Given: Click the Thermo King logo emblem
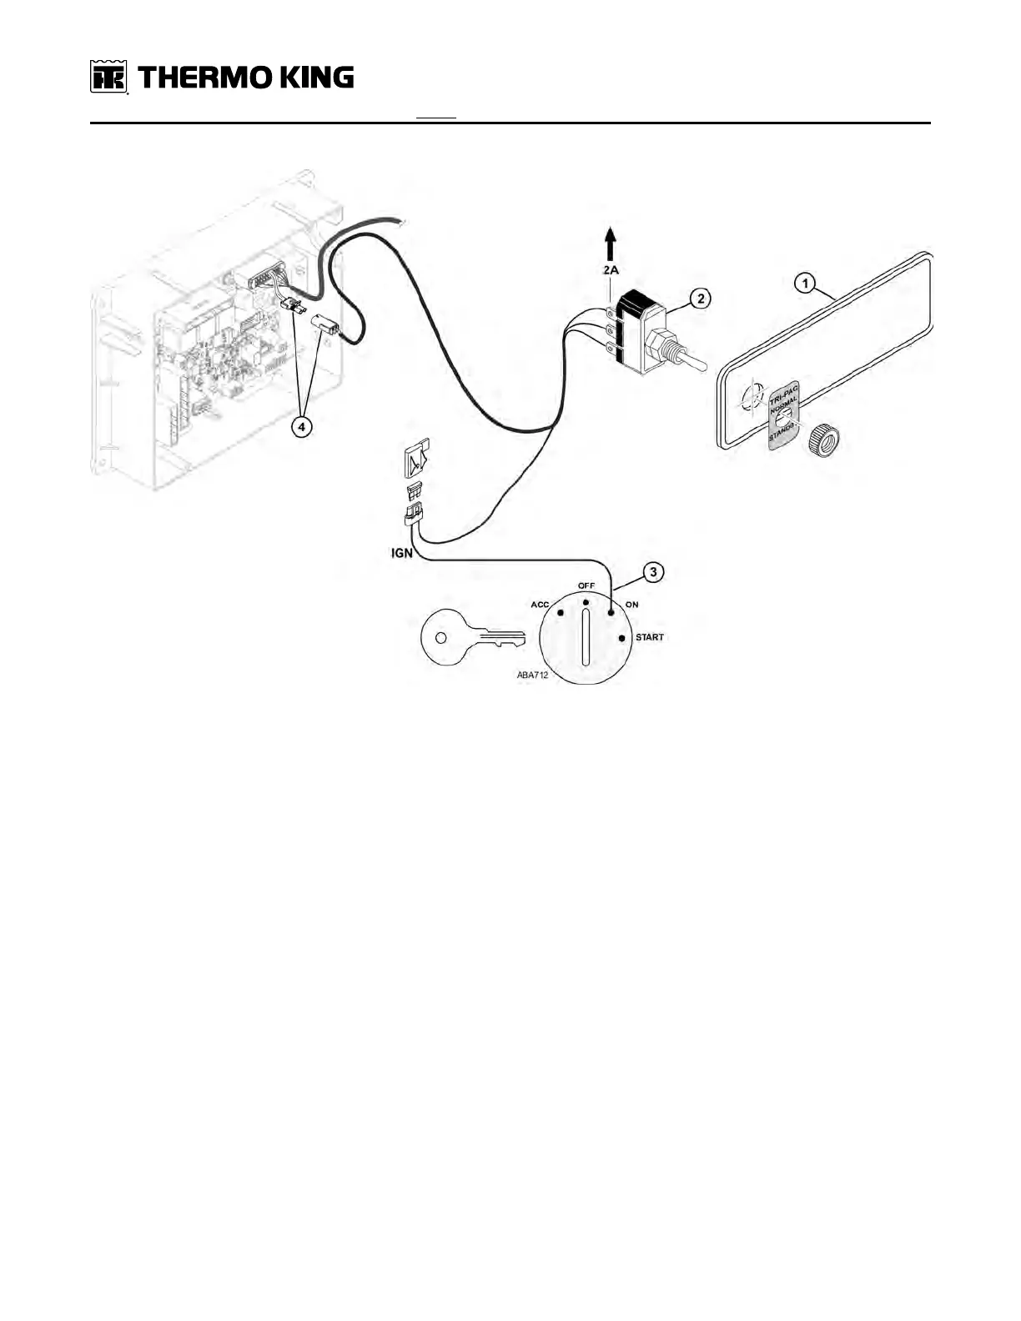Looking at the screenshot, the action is click(108, 78).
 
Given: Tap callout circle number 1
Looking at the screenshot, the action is click(804, 284).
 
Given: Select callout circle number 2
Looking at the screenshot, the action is click(702, 299).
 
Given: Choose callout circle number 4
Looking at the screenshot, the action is click(302, 426).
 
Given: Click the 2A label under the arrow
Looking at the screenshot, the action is click(611, 270).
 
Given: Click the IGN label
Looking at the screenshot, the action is click(403, 553).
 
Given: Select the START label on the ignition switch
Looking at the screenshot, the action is click(650, 638).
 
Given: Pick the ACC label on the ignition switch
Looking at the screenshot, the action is click(540, 605).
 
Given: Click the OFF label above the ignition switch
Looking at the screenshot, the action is click(586, 585).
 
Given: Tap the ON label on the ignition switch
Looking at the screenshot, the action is click(632, 605).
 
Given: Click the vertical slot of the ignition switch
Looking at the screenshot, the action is click(586, 637).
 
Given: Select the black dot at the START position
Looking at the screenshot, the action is click(621, 639).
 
